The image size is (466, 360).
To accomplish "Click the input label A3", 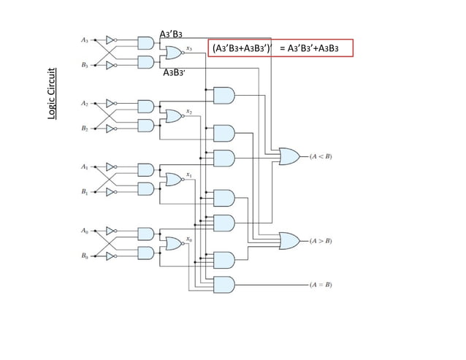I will click(x=85, y=39).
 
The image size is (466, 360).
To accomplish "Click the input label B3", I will click(x=85, y=65).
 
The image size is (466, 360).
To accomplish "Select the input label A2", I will click(x=85, y=103).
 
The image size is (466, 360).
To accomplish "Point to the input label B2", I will click(x=85, y=129).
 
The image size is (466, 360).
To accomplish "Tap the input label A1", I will click(x=85, y=166).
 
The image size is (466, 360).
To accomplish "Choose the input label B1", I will click(x=85, y=192).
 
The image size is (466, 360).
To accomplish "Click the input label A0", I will click(x=85, y=231).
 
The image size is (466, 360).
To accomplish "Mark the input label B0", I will click(x=85, y=256).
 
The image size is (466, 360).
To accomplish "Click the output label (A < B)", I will click(x=320, y=156).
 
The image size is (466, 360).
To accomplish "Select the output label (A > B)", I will click(x=320, y=240).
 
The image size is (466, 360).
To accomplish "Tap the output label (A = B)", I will click(x=320, y=284).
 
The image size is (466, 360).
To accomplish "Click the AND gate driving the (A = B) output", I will click(x=223, y=284).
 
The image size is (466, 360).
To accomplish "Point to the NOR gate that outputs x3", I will click(x=174, y=52).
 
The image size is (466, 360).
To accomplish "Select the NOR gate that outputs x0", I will click(x=174, y=243).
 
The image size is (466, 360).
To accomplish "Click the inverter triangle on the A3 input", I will click(x=110, y=39).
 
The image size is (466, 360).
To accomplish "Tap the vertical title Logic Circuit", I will click(x=53, y=93).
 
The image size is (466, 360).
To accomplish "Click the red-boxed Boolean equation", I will click(x=280, y=48).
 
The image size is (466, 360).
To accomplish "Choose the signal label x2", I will click(x=189, y=111).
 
